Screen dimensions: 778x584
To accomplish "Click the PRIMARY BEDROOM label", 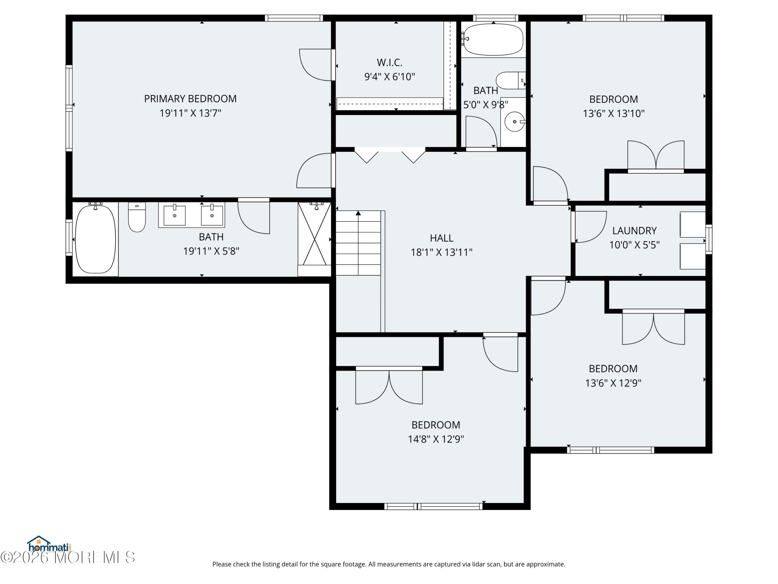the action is (x=190, y=99).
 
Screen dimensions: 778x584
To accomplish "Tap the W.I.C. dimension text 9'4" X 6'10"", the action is (x=389, y=77).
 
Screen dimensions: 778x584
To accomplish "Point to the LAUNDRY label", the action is (x=634, y=231).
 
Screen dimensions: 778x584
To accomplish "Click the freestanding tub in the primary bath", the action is (x=95, y=239).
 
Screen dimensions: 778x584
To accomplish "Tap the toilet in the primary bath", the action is (x=137, y=217).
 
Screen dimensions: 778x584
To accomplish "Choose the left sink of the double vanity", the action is (x=174, y=215).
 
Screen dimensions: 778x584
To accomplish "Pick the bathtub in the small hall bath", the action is (x=493, y=40).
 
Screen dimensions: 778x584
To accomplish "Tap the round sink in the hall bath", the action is (x=514, y=122).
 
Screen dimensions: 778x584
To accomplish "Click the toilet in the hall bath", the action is (x=510, y=81).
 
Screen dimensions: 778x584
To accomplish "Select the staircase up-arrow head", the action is (x=358, y=213).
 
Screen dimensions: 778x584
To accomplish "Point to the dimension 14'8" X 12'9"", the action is (x=436, y=439).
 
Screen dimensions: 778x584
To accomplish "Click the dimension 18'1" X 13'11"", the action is (x=441, y=252).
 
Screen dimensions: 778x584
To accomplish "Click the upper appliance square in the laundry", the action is (x=693, y=224).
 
